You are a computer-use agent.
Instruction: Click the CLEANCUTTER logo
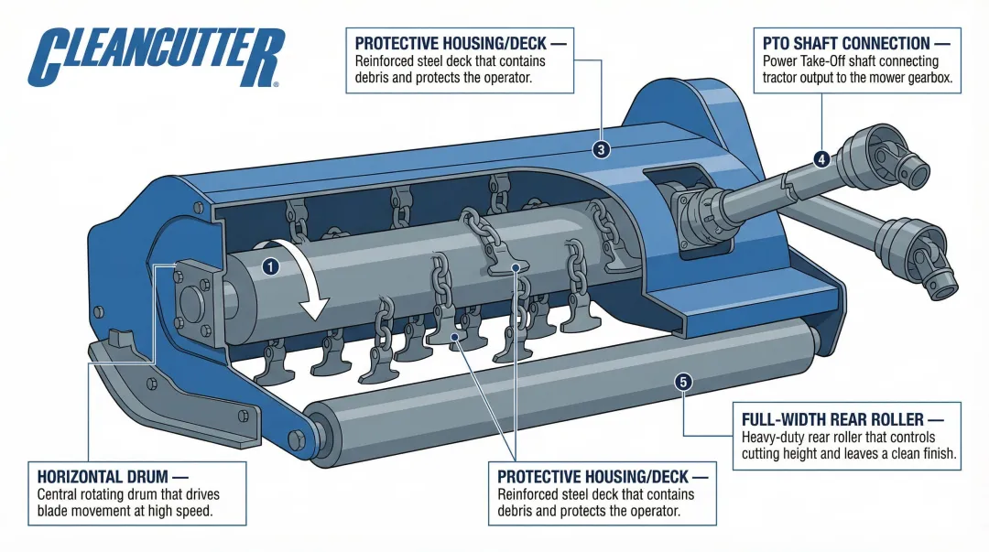(154, 56)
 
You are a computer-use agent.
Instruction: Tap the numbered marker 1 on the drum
(269, 266)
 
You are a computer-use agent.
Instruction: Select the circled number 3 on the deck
(601, 150)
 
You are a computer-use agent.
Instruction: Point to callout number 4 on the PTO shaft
(821, 159)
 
